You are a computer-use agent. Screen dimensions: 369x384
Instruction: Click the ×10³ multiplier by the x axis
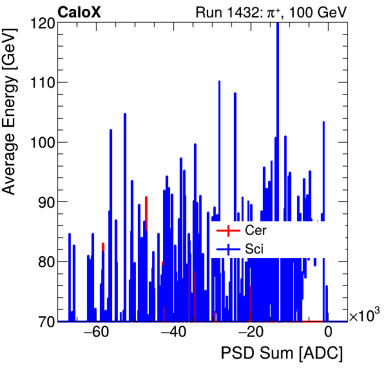pos(364,316)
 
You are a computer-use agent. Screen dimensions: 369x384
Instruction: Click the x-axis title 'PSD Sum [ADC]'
pos(282,354)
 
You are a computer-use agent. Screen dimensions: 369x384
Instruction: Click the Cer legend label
pos(255,231)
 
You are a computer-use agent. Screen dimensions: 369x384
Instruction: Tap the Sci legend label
pos(254,249)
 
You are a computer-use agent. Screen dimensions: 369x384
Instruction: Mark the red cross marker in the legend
pos(227,231)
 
